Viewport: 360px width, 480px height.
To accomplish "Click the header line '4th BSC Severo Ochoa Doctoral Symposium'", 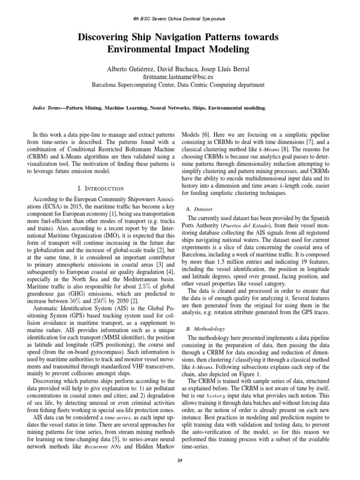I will tap(180, 19).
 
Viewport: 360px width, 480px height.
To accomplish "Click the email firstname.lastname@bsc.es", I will tap(180, 77).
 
